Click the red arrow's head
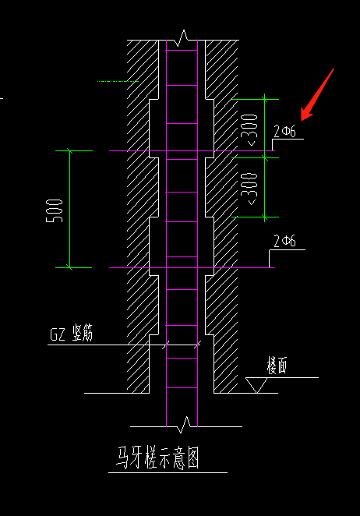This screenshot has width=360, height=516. point(306,115)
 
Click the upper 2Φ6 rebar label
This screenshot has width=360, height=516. point(284,131)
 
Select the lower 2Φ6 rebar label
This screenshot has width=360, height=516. point(284,241)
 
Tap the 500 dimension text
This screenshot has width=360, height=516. point(55,210)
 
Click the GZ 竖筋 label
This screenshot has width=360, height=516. point(72,333)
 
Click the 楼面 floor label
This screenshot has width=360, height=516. point(277,366)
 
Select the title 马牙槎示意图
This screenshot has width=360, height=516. point(158,457)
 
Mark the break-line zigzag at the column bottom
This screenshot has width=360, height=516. point(184,424)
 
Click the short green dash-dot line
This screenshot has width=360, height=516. point(118,81)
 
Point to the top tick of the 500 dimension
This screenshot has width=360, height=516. point(70,150)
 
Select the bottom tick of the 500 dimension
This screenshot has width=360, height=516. point(70,267)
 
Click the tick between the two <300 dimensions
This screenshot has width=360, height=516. point(265,158)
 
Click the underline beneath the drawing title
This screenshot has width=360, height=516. point(168,472)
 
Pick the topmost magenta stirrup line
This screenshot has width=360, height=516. point(182,50)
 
